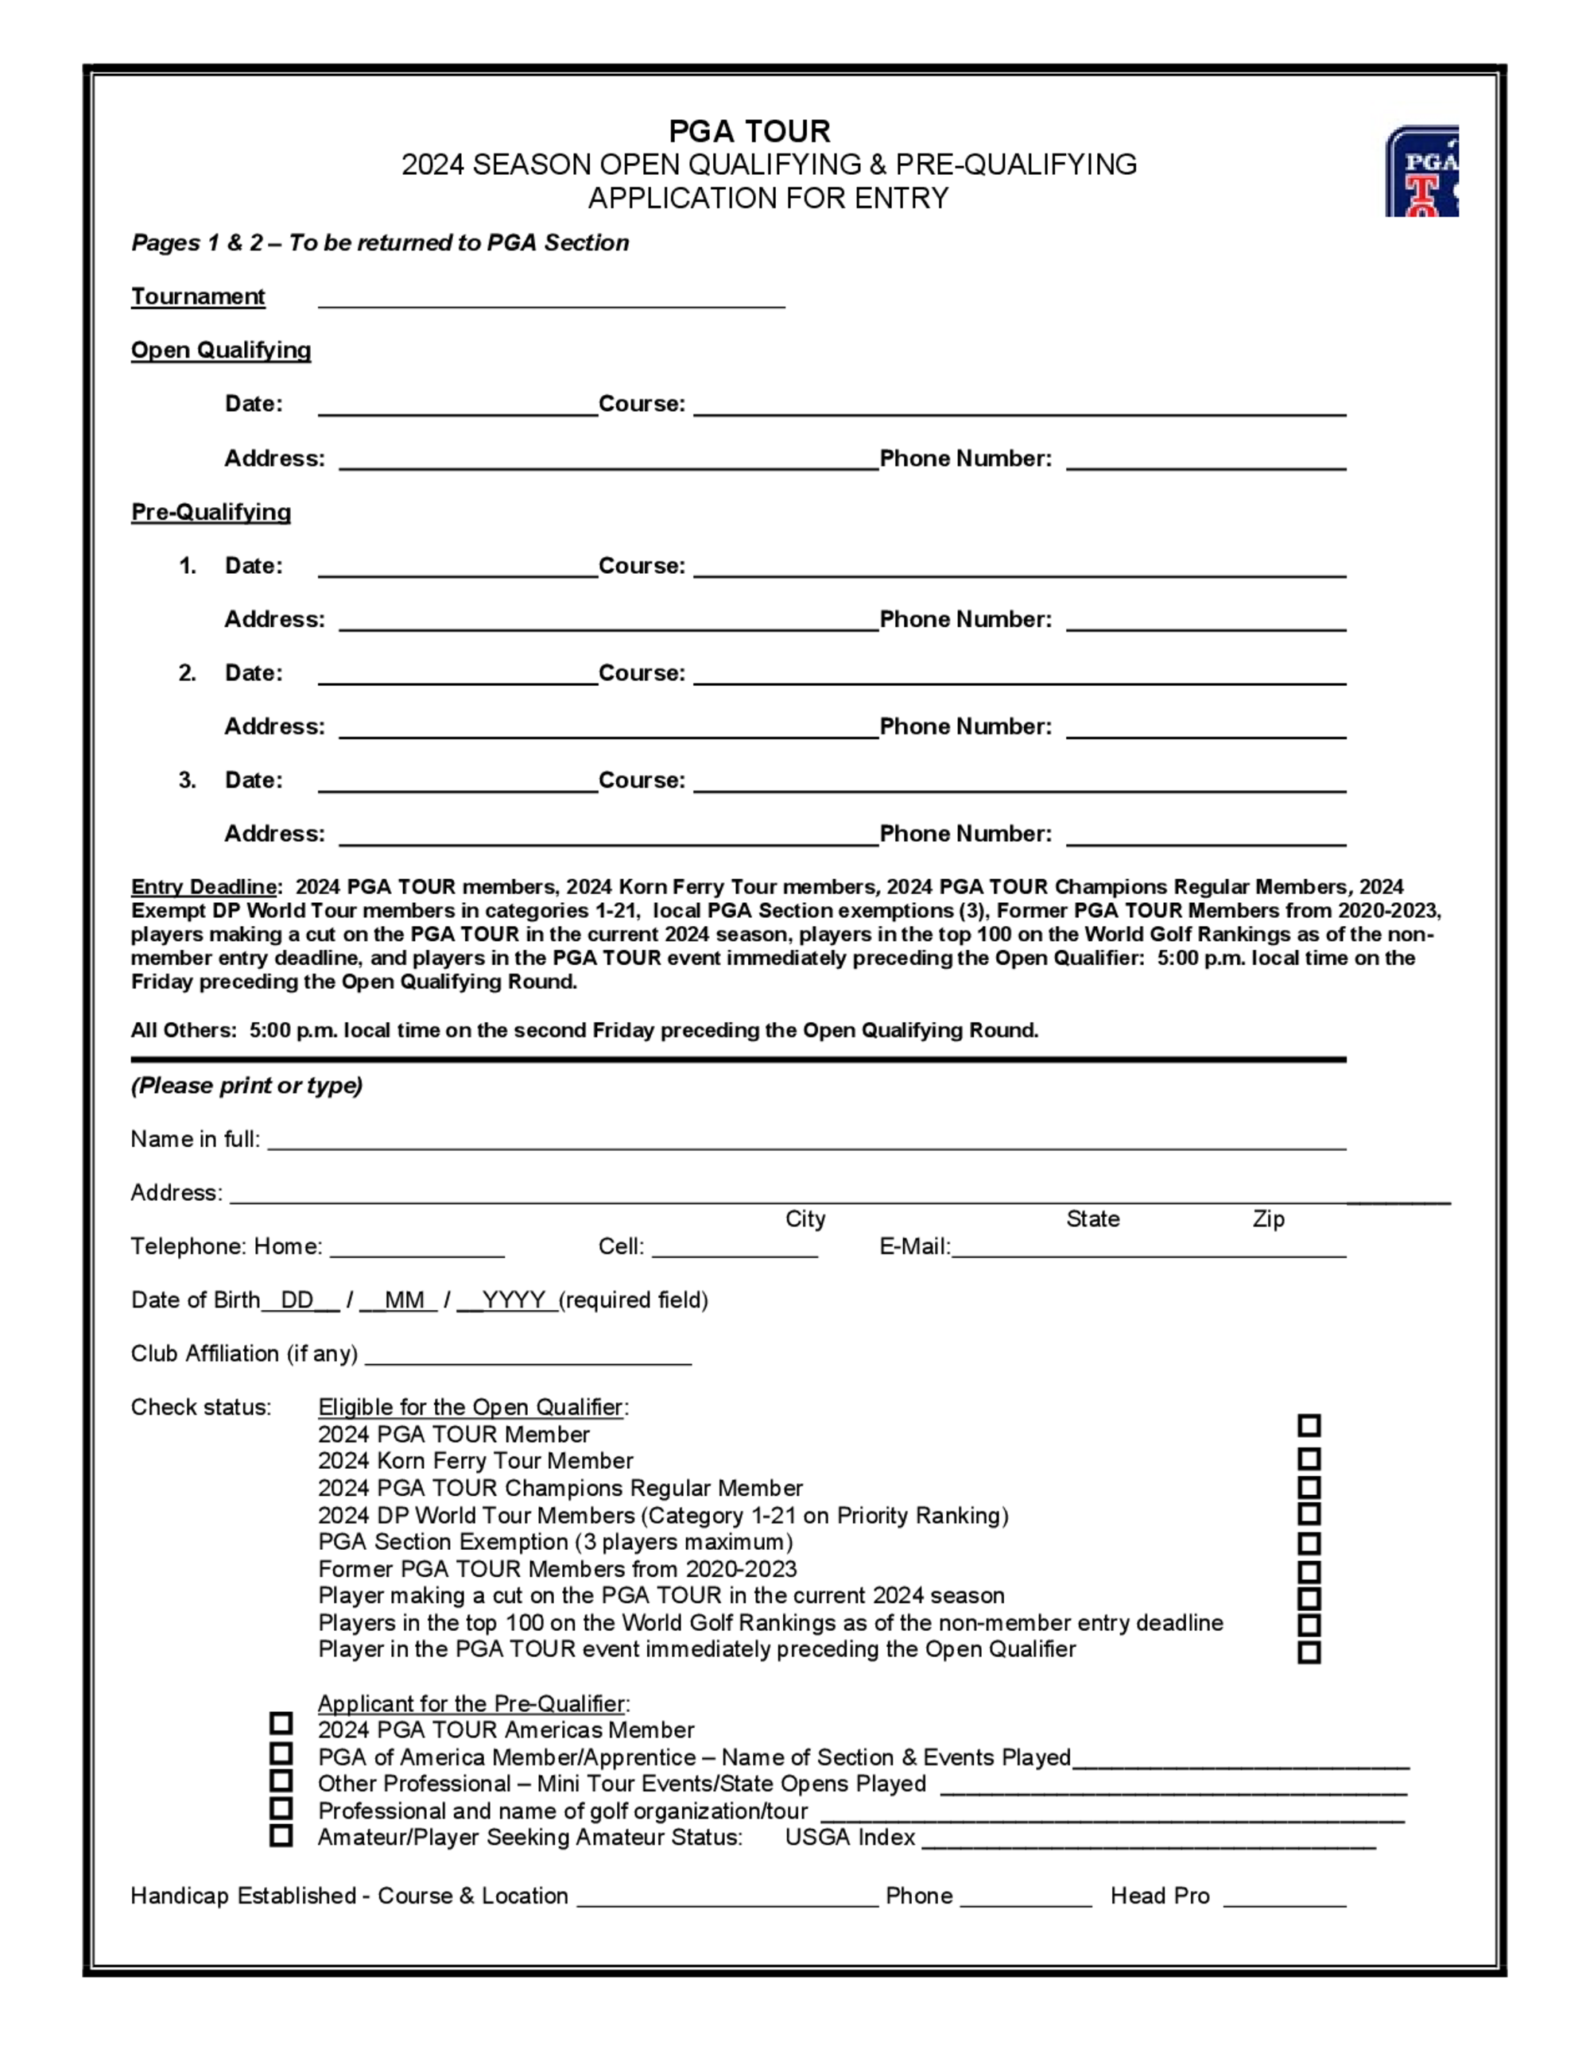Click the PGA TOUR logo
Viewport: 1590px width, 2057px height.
pos(1421,172)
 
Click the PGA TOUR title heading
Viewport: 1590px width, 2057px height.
pos(749,131)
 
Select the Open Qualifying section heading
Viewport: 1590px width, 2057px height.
pos(220,351)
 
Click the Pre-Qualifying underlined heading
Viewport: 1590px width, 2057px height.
pos(210,513)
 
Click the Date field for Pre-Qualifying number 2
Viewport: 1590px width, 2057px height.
pos(458,676)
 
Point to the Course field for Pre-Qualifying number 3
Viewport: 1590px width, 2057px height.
pos(1019,784)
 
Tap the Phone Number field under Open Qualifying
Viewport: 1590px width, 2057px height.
pos(1206,462)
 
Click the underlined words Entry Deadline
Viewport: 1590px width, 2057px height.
pos(204,887)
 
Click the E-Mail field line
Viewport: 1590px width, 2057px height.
pos(1148,1249)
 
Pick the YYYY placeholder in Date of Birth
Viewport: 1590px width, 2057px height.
pos(514,1300)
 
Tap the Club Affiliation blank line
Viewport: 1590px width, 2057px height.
pos(528,1358)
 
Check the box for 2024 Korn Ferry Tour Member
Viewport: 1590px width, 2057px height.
pos(1309,1460)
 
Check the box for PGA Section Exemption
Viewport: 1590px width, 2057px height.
pos(1309,1542)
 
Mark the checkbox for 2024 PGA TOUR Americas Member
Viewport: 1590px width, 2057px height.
pos(281,1724)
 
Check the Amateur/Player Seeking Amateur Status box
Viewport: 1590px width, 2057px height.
pos(281,1836)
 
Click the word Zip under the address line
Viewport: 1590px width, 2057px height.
pos(1268,1220)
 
